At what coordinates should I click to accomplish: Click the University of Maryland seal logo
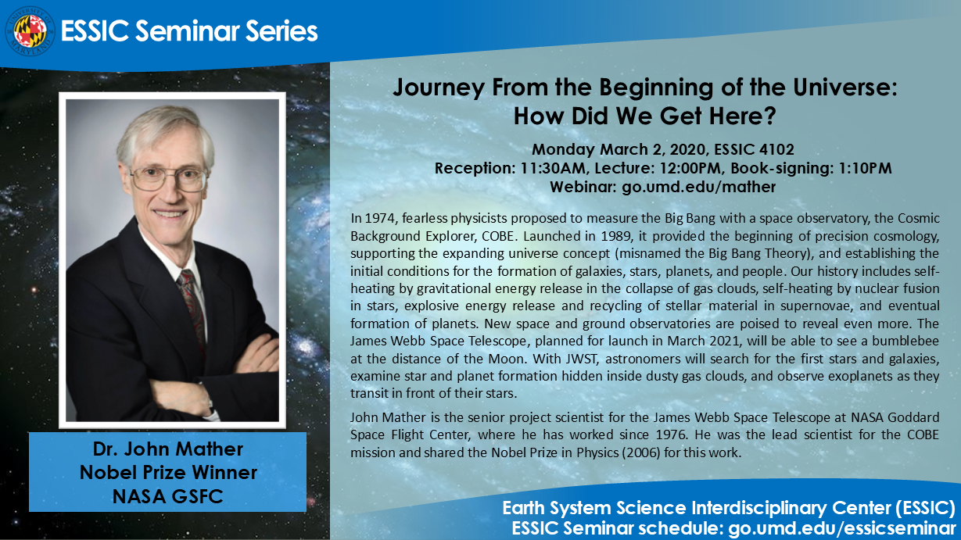tap(30, 31)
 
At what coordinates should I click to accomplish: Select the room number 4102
tap(777, 149)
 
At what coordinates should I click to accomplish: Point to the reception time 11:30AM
tap(553, 168)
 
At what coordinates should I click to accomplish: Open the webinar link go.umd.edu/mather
tap(699, 187)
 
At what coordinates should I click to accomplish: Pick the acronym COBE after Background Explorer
tap(497, 236)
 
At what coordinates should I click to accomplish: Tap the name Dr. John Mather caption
tap(168, 449)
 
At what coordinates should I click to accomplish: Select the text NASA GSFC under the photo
tap(168, 496)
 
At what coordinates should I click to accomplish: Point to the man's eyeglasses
tap(170, 177)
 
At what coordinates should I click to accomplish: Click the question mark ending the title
tap(769, 116)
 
